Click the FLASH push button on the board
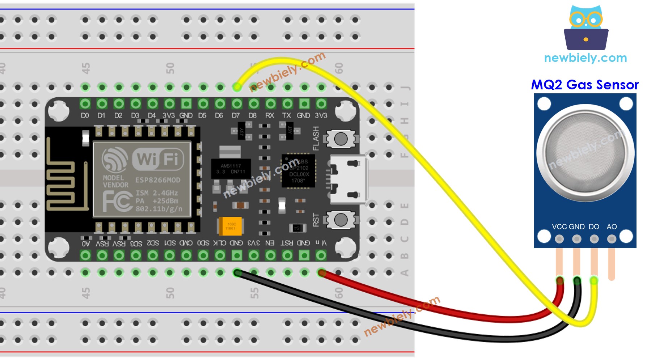click(341, 139)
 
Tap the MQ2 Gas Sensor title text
click(584, 85)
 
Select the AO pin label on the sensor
click(612, 227)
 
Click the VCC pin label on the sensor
click(559, 227)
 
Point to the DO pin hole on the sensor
click(594, 239)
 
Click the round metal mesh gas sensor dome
click(585, 152)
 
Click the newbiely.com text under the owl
click(585, 58)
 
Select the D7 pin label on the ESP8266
click(236, 115)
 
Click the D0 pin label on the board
click(85, 115)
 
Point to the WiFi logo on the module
click(158, 159)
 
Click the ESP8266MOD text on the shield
click(157, 180)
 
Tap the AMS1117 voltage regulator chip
click(231, 169)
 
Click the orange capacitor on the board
click(230, 226)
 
